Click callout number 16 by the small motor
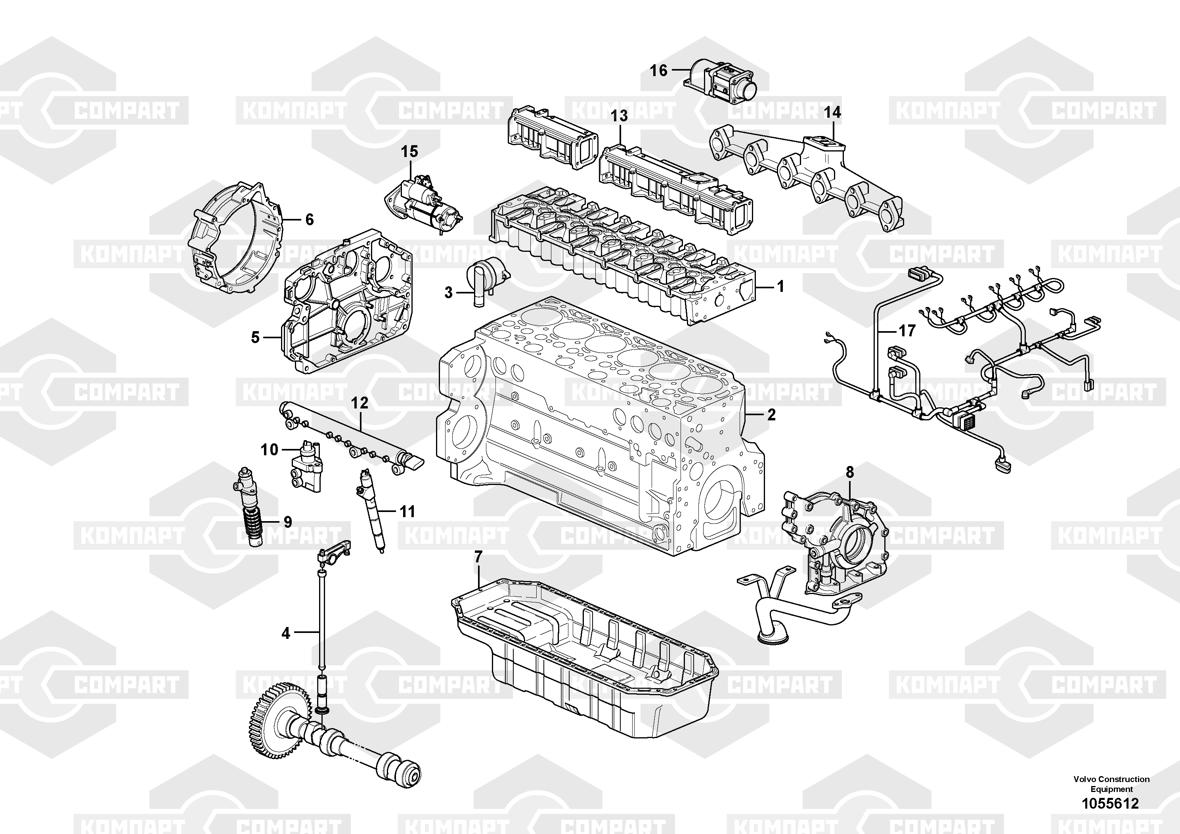point(659,71)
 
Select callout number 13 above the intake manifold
point(619,116)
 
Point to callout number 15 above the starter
point(409,151)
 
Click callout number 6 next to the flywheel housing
point(310,220)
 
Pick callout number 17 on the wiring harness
point(907,331)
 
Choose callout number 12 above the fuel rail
point(360,403)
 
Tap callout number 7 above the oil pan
point(478,557)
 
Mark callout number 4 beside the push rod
point(286,633)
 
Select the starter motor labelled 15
point(425,206)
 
